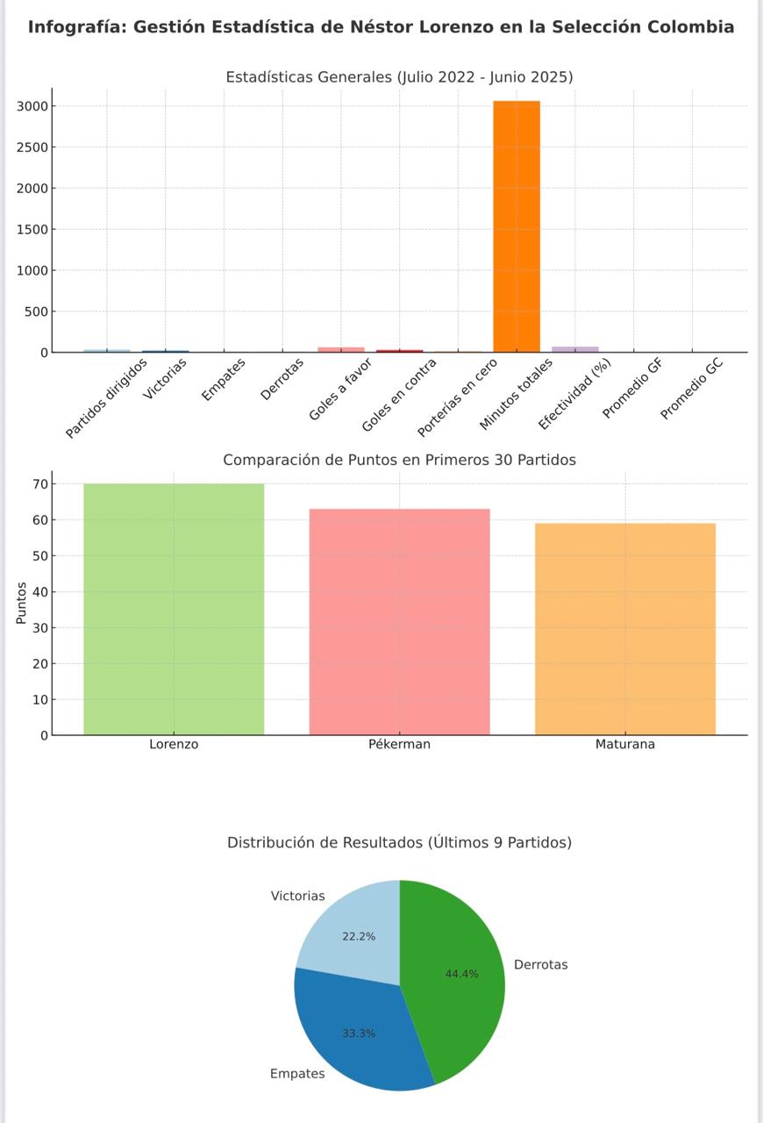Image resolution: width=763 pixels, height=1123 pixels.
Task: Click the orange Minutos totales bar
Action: coord(517,226)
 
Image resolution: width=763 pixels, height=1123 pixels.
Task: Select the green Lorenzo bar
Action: coord(174,609)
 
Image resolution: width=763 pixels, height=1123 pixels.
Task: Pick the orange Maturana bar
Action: coord(625,629)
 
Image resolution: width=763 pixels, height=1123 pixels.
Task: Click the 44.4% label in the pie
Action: coord(461,974)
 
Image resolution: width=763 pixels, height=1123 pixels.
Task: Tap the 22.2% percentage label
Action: coord(359,936)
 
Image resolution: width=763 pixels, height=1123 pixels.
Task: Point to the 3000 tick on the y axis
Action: coord(31,106)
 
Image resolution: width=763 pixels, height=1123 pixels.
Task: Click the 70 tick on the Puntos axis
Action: coord(39,484)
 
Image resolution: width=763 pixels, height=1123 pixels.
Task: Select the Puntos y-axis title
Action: coord(21,603)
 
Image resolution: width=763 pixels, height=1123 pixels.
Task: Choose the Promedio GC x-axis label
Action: coord(692,389)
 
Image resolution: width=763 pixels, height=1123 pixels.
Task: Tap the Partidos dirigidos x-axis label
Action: coord(107,398)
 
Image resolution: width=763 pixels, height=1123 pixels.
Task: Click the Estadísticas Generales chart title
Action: coord(399,77)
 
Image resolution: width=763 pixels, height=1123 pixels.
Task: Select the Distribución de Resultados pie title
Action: coord(399,842)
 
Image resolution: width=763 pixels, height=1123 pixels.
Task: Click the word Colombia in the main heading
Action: coord(690,27)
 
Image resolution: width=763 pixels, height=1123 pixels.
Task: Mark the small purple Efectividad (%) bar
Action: coord(575,349)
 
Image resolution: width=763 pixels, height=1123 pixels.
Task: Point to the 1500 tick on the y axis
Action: coord(31,229)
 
